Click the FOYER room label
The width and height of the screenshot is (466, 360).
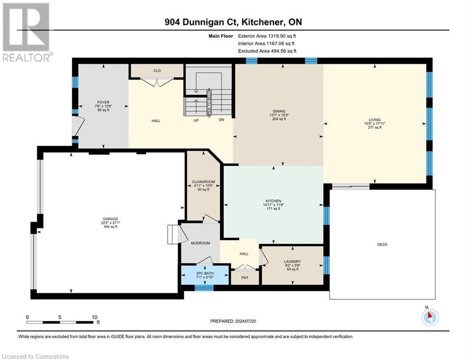coord(103,102)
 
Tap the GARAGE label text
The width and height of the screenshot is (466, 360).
coord(111,218)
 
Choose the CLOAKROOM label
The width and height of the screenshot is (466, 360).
coord(203,181)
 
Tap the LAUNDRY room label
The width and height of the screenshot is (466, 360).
coord(292,262)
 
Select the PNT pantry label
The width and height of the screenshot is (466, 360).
coord(245,277)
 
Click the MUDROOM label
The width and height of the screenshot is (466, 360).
coord(200,243)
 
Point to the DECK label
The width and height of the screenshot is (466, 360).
coord(382,244)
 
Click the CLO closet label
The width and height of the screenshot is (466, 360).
coord(157,71)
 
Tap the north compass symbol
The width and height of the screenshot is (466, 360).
coord(429,317)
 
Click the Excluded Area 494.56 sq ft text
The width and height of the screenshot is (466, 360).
coord(267,51)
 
